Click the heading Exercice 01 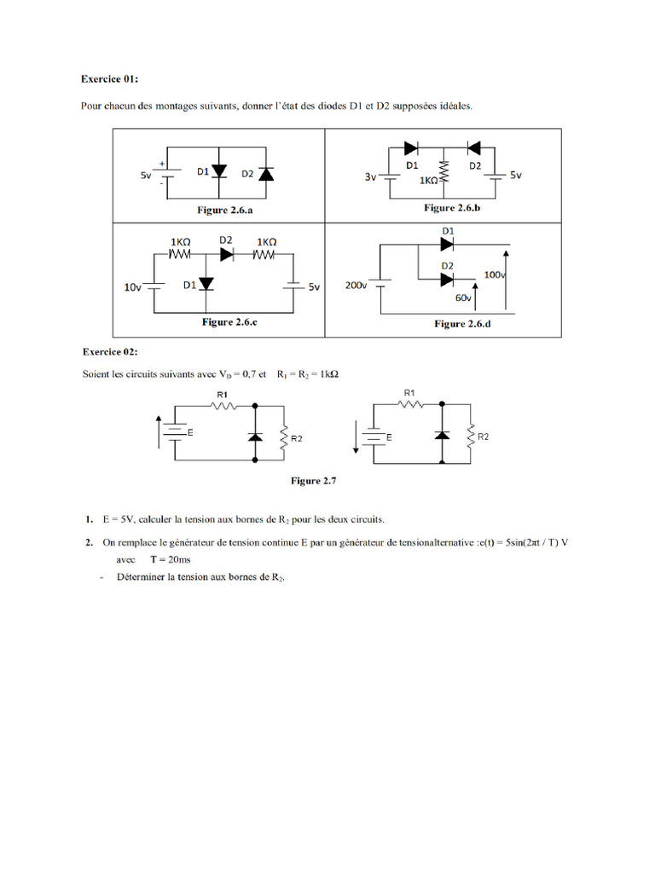(109, 78)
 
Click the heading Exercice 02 (109, 351)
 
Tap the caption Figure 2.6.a (218, 210)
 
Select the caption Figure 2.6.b (452, 208)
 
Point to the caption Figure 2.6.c (229, 322)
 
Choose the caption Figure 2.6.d (461, 324)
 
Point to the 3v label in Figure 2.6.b (370, 178)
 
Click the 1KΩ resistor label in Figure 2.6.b (430, 182)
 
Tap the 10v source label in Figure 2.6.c (132, 288)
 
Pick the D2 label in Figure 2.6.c (226, 240)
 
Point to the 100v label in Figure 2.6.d (495, 275)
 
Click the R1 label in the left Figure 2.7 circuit (223, 395)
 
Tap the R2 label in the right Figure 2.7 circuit (484, 436)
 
